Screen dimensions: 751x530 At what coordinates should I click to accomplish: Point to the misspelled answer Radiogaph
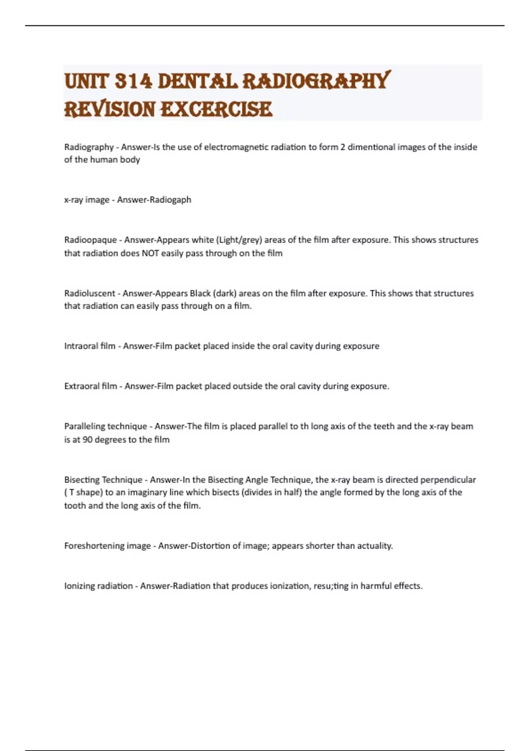coord(170,200)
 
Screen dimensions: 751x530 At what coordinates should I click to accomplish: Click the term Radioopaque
coord(91,240)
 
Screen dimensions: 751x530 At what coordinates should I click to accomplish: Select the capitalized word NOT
coord(150,253)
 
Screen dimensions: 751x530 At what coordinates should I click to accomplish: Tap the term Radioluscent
coord(90,293)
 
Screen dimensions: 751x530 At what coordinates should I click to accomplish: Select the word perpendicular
coord(448,480)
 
